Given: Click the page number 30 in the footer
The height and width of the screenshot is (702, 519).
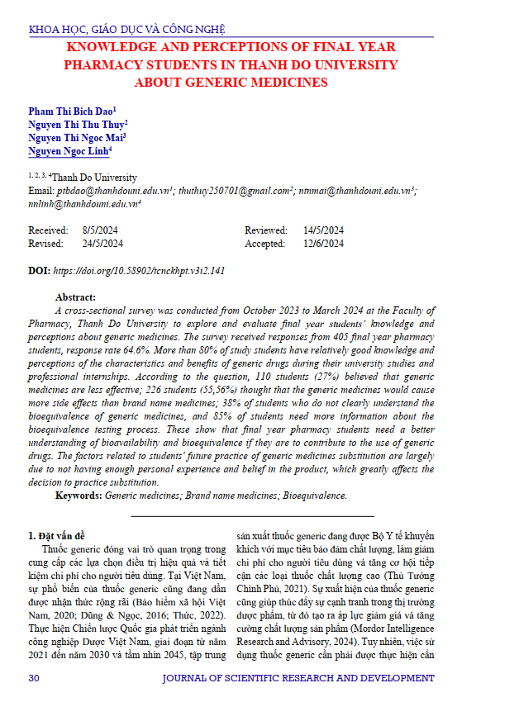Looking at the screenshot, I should (x=34, y=678).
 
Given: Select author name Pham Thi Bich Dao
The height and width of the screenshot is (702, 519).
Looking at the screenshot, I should (x=71, y=110).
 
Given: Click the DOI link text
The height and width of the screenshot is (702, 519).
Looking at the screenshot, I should (x=139, y=270).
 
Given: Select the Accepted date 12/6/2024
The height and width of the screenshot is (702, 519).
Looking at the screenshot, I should (x=323, y=244).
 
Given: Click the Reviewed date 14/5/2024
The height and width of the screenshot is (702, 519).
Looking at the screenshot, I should (x=323, y=230).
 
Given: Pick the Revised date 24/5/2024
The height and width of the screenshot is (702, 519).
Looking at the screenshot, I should (x=102, y=244).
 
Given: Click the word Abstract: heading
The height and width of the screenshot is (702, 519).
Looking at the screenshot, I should (x=75, y=296).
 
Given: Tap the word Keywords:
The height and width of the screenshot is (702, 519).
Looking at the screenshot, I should (x=79, y=496).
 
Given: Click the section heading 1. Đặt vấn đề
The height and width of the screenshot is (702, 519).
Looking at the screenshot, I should (x=60, y=535).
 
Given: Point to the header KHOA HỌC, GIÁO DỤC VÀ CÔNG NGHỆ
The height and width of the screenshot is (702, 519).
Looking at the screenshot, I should (x=126, y=31).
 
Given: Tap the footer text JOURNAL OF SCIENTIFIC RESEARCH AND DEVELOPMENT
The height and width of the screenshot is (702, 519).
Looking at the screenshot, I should (x=298, y=678).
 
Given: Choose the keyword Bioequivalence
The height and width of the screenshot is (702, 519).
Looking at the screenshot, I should (x=315, y=496).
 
